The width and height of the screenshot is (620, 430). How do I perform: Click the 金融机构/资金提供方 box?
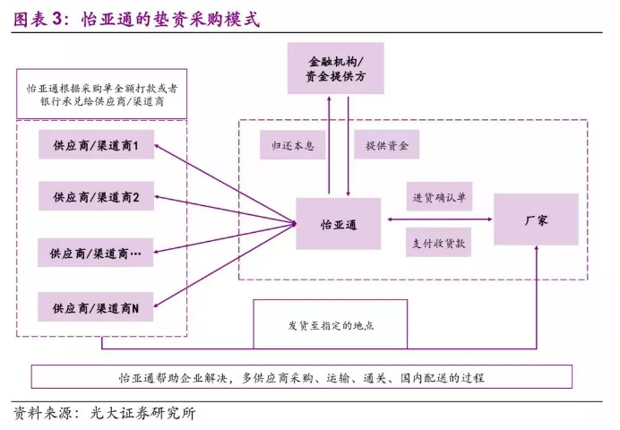(335, 68)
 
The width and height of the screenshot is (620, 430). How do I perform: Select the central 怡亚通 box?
(339, 224)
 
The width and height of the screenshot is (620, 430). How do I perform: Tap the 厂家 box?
(536, 219)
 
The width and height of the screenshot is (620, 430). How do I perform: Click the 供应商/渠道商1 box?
(96, 144)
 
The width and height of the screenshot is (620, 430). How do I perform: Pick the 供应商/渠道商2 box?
(96, 196)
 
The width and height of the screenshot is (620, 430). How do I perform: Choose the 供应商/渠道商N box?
(95, 307)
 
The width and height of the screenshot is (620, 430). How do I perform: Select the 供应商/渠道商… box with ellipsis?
(95, 253)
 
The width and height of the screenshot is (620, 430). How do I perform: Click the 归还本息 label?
(293, 145)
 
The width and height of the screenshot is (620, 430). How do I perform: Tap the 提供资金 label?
(386, 144)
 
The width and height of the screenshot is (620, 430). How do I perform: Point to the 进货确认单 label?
(439, 196)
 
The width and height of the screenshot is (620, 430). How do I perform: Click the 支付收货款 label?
(438, 242)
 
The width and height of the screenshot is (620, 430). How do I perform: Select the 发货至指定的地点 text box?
(331, 324)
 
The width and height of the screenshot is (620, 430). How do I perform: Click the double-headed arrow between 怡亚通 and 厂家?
(439, 219)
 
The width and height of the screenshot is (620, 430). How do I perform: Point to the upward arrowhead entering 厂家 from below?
(537, 248)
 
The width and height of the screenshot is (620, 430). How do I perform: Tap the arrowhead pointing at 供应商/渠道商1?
(157, 146)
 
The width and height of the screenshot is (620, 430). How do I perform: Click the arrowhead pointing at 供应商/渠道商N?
(157, 305)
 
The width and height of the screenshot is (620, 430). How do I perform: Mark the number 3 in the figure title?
(56, 19)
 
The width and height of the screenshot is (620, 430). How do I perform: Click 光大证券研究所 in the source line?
(142, 413)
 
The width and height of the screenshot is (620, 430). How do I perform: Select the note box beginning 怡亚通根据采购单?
(101, 94)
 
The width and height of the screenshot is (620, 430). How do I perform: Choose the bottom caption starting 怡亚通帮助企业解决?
(302, 377)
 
